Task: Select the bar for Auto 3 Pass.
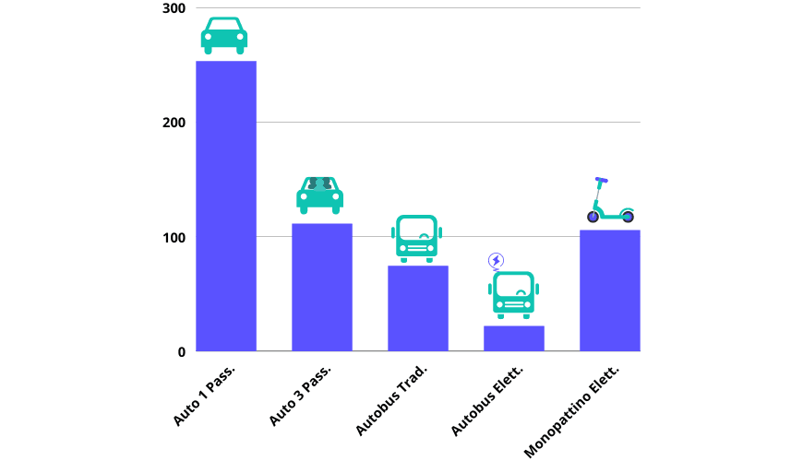click(322, 287)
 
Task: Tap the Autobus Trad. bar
click(418, 308)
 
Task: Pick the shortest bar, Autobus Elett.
click(514, 338)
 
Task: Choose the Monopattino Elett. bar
click(610, 290)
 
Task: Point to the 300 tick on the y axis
click(174, 9)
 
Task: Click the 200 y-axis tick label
click(174, 123)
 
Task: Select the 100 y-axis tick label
click(174, 237)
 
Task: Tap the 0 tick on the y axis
click(181, 351)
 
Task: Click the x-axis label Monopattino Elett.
click(572, 411)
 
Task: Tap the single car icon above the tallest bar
click(224, 35)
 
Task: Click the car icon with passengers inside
click(319, 195)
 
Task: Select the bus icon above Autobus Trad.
click(416, 239)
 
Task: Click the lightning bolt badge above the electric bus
click(496, 261)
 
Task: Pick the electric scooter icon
click(610, 201)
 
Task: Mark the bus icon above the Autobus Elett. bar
click(513, 295)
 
